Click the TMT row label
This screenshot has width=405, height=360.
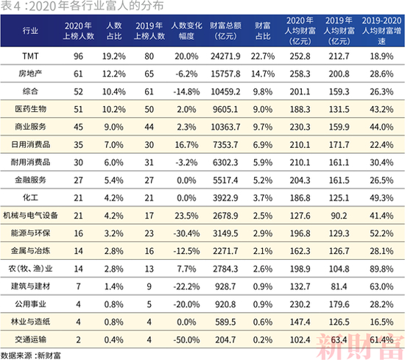[30, 56]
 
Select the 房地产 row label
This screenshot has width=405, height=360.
[30, 74]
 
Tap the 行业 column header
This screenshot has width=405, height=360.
[30, 31]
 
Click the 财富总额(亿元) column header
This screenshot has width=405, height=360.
[225, 31]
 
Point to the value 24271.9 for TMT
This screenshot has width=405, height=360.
[225, 56]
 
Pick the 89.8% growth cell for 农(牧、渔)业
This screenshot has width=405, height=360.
[381, 269]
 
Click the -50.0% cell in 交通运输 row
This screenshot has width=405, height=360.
[186, 340]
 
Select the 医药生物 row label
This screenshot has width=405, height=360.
[30, 109]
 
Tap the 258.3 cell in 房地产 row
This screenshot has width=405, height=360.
[300, 74]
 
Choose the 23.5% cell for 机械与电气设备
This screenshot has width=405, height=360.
[186, 216]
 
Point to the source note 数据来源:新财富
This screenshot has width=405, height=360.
[30, 356]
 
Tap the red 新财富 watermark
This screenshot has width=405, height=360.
[360, 346]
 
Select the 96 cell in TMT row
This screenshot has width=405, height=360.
[78, 56]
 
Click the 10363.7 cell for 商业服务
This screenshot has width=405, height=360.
[225, 127]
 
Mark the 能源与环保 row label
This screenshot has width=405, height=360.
[30, 233]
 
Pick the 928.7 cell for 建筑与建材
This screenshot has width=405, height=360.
[225, 286]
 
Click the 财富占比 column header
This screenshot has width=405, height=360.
[263, 31]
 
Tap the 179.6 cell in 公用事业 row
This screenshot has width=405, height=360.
[339, 304]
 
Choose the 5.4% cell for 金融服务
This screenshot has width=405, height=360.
[113, 180]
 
